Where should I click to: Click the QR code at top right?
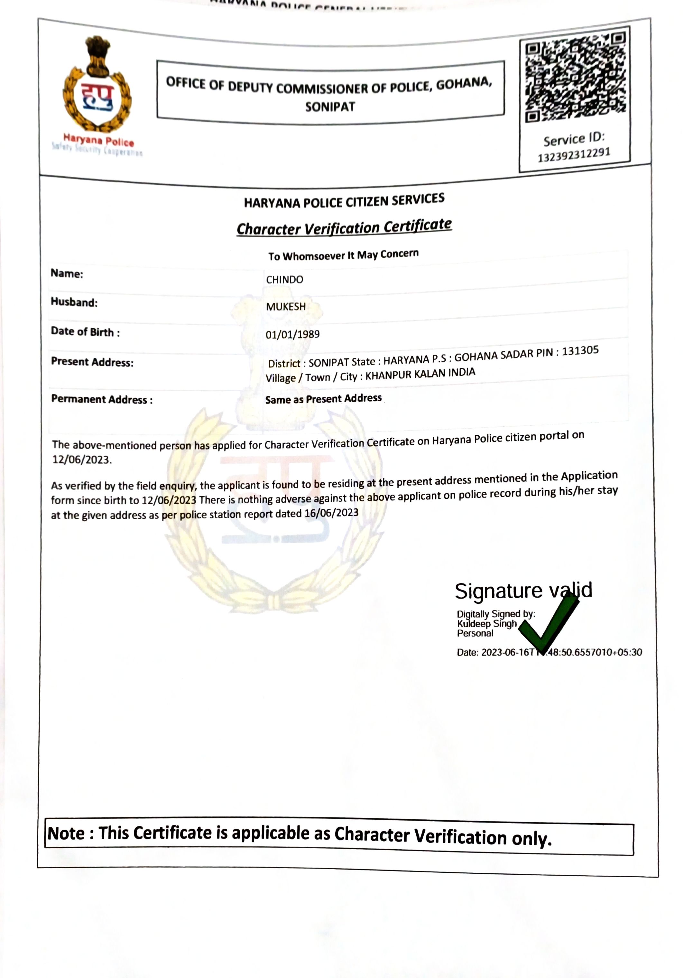(575, 77)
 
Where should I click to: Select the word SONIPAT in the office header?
(330, 107)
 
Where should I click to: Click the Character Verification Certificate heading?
(344, 227)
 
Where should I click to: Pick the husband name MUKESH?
(286, 307)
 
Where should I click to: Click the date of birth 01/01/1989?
(292, 334)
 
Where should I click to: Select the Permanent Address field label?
(101, 400)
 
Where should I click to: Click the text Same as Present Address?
(323, 399)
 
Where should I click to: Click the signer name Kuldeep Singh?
(487, 624)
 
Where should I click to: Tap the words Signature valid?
(523, 591)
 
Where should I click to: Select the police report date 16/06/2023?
(331, 513)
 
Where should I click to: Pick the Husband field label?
(74, 302)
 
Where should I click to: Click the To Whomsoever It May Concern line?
(343, 255)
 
